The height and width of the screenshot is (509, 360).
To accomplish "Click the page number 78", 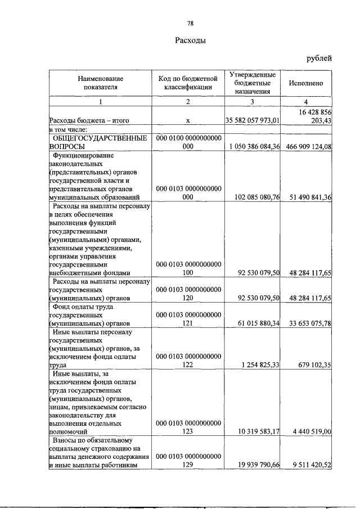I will point(190,23).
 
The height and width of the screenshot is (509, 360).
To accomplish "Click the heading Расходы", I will point(190,40).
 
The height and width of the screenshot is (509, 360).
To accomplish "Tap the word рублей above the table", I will point(319,58).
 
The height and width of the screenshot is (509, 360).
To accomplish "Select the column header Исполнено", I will point(305,83).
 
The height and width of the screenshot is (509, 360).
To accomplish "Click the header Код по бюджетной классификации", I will point(188,83).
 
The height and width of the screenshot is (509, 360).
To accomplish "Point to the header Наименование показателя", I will point(101,83).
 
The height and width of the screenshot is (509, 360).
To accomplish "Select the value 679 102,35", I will point(312,364).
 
